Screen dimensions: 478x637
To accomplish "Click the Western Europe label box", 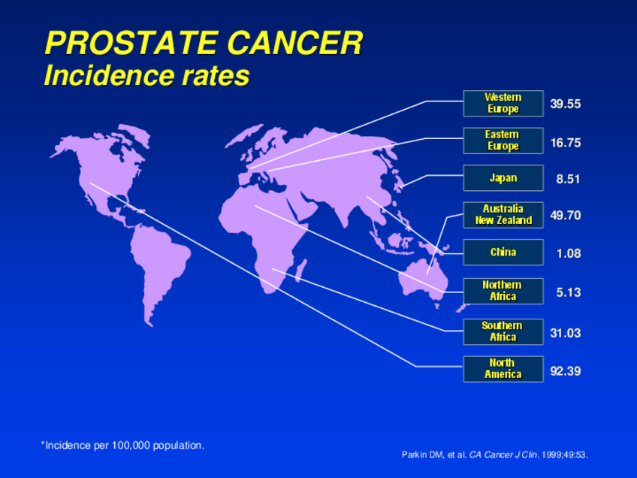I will pyautogui.click(x=503, y=104).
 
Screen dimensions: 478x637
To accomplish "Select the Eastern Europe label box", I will pyautogui.click(x=503, y=141).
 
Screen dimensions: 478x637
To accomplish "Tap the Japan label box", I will pyautogui.click(x=503, y=178).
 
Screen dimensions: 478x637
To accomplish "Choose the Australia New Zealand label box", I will pyautogui.click(x=503, y=215).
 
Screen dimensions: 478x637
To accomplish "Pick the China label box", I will pyautogui.click(x=503, y=253).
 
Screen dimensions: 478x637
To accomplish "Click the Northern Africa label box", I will pyautogui.click(x=503, y=291).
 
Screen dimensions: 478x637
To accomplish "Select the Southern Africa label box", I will pyautogui.click(x=503, y=331).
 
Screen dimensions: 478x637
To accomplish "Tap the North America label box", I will pyautogui.click(x=503, y=369).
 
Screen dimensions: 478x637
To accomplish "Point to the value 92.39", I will pyautogui.click(x=565, y=371).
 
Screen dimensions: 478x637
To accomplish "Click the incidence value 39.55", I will pyautogui.click(x=565, y=104).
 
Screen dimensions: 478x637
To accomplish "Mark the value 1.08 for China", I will pyautogui.click(x=568, y=254).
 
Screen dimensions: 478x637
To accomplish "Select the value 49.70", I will pyautogui.click(x=565, y=216).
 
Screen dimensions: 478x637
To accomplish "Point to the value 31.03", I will pyautogui.click(x=565, y=333).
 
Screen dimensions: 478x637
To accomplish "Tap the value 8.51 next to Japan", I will pyautogui.click(x=568, y=180).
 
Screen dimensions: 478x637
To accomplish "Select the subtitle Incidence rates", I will pyautogui.click(x=146, y=76).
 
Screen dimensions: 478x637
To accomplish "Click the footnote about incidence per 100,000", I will pyautogui.click(x=122, y=446).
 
